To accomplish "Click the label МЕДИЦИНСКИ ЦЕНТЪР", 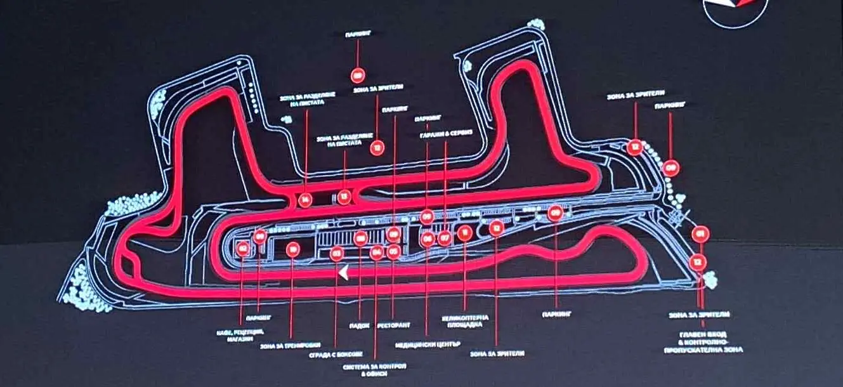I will click(426, 343).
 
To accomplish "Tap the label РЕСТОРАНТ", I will click(393, 325).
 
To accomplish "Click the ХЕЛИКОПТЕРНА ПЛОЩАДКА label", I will click(464, 322).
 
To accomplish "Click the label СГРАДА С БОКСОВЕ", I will click(336, 354).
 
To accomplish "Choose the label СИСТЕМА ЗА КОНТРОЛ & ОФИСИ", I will click(374, 371).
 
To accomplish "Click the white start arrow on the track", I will click(343, 273).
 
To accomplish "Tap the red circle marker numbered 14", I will click(306, 199).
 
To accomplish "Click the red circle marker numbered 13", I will click(344, 197).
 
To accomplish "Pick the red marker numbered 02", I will click(242, 249).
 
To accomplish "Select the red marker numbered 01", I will click(700, 234).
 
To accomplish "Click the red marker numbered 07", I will click(444, 239).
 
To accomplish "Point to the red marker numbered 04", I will click(376, 253).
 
